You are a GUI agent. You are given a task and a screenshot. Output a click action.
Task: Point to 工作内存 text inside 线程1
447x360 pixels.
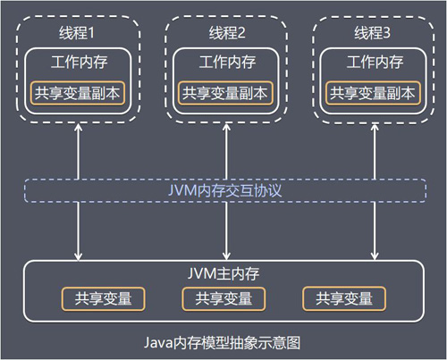tap(77, 63)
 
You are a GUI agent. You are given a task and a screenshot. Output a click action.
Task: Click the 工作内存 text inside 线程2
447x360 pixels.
tap(225, 63)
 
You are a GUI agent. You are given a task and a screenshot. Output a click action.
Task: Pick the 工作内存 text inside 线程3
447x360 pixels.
tap(373, 63)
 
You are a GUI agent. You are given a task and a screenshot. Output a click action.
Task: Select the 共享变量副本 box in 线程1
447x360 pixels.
tap(77, 92)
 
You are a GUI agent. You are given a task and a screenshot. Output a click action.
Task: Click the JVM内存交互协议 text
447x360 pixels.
tap(225, 190)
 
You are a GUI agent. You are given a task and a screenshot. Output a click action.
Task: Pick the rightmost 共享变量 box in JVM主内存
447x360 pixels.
tap(344, 298)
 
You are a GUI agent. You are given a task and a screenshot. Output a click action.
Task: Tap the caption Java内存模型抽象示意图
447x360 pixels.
tap(225, 342)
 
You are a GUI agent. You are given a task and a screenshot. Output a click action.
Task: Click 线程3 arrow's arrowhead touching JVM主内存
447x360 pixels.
tap(373, 255)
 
